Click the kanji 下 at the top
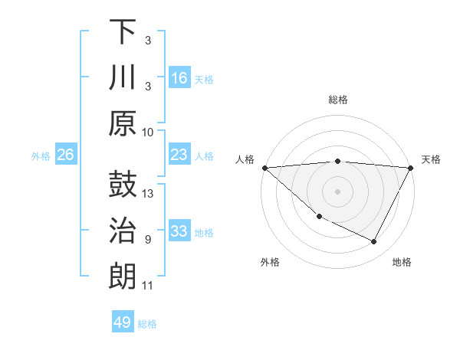123,33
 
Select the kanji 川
123,78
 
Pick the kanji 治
123,230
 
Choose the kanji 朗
123,276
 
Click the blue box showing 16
179,78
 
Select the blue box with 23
179,155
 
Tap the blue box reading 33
179,232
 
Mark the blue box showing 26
65,155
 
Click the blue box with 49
123,322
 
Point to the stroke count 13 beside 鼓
149,194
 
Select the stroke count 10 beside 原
148,131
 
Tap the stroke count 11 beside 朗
148,286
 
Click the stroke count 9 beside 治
148,240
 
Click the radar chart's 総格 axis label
338,100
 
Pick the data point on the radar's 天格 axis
411,168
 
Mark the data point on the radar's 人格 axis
264,168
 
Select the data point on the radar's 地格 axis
374,242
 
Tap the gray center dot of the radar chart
338,191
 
